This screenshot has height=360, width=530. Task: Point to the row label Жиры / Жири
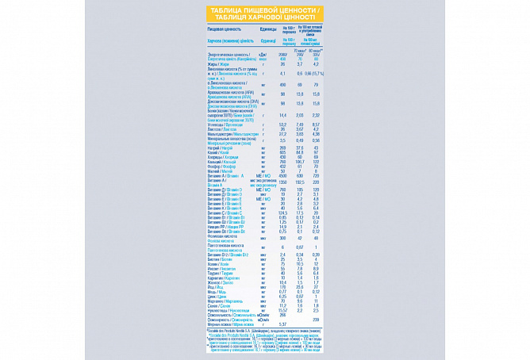pyautogui.click(x=217, y=64)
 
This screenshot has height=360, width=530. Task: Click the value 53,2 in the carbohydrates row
pyautogui.click(x=283, y=124)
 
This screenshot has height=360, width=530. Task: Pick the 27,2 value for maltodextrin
pyautogui.click(x=283, y=134)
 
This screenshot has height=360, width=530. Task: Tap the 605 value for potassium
pyautogui.click(x=283, y=152)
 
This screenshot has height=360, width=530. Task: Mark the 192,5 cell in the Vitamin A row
pyautogui.click(x=300, y=182)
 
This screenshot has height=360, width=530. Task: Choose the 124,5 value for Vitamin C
pyautogui.click(x=283, y=213)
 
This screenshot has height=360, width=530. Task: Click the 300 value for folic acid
pyautogui.click(x=283, y=237)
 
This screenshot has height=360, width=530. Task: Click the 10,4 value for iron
pyautogui.click(x=283, y=282)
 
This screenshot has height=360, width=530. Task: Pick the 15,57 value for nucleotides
pyautogui.click(x=283, y=310)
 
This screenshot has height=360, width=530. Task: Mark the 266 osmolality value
pyautogui.click(x=283, y=315)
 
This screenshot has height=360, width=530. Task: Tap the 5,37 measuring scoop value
pyautogui.click(x=283, y=324)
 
